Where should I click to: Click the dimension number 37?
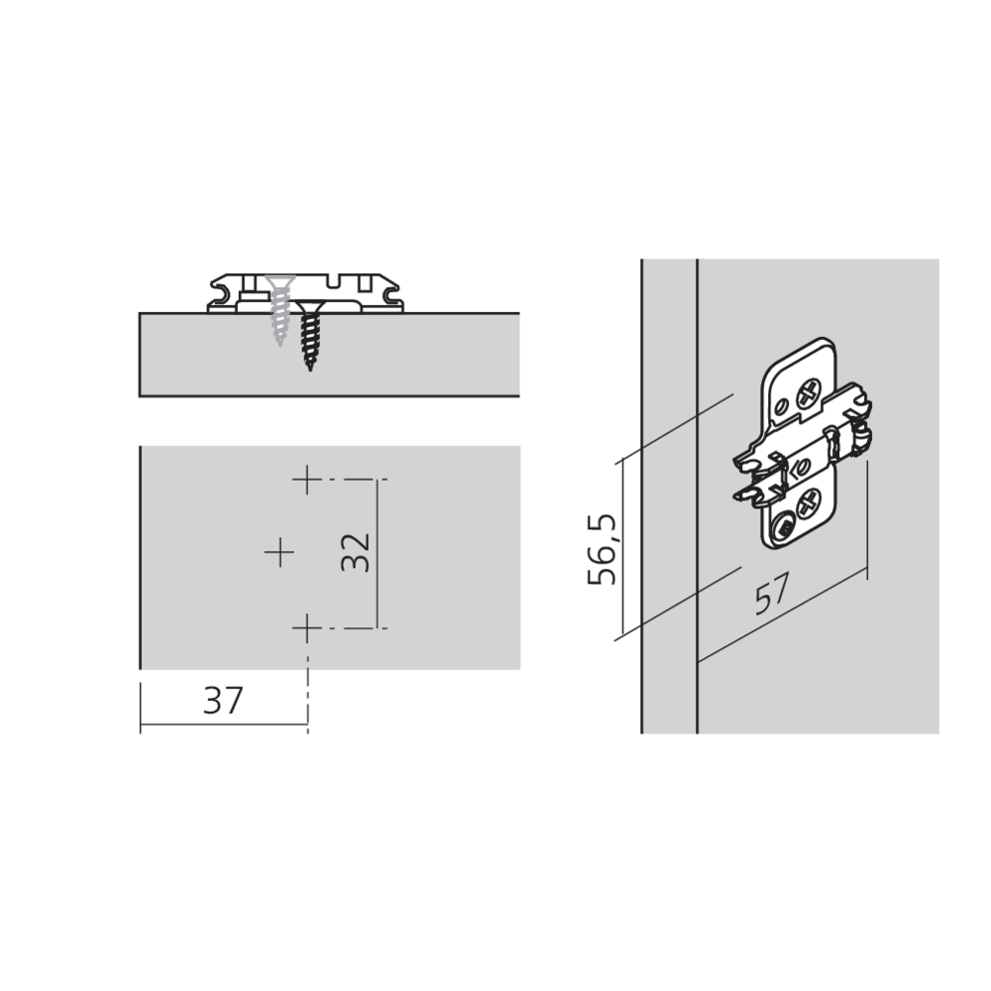223,701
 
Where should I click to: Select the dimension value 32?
355,552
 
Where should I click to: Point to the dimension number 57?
772,594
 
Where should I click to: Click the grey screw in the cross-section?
278,309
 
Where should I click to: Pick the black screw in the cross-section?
310,335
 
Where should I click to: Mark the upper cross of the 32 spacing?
307,480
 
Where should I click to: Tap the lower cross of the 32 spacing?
307,627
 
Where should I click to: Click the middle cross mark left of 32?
279,553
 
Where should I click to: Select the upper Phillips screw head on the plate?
809,394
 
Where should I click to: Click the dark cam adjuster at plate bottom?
784,528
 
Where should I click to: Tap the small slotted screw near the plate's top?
782,405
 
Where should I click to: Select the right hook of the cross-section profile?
389,293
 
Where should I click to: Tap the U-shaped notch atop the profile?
334,279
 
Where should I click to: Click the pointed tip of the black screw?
310,370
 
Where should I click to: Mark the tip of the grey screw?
279,345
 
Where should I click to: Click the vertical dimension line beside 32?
378,554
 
